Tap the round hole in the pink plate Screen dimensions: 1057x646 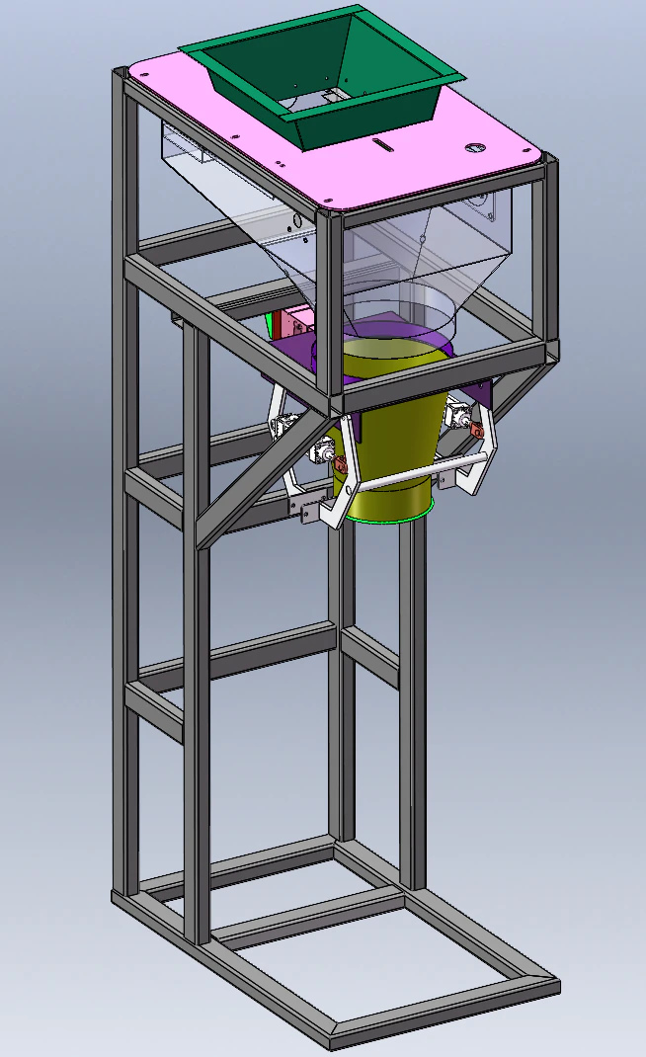[476, 149]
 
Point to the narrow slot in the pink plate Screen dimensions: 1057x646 [385, 146]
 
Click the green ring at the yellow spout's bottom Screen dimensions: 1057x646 [395, 517]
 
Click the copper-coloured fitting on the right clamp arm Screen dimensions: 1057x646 [476, 429]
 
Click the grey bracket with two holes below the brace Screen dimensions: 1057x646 [305, 508]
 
